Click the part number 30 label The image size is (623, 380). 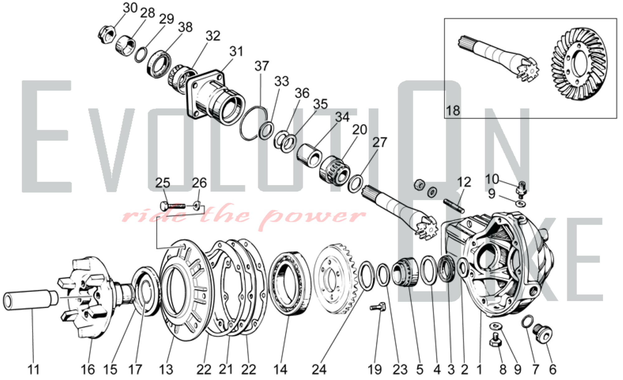point(130,8)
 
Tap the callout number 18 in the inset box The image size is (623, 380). point(453,110)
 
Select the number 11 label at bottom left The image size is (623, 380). point(34,370)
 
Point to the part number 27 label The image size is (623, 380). point(379,142)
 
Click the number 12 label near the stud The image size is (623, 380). point(464,182)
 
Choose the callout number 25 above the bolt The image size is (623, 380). point(163,183)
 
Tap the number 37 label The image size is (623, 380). point(261,66)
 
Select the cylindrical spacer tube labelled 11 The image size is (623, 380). point(30,300)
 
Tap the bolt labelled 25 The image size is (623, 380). point(173,206)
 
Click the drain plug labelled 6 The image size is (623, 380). point(542,332)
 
